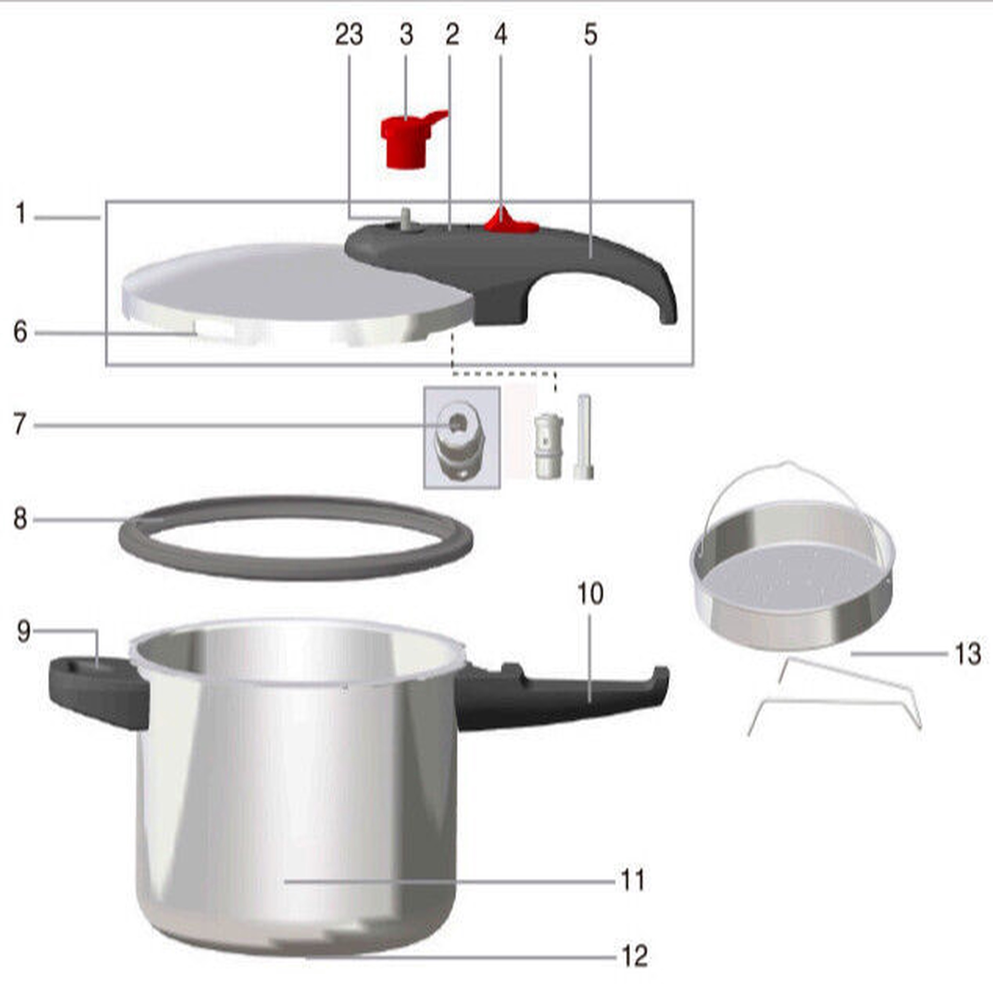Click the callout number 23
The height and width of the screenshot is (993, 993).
click(349, 35)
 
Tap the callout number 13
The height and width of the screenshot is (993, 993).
click(968, 654)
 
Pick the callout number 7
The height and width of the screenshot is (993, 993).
click(20, 425)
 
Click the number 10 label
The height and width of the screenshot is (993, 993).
click(590, 594)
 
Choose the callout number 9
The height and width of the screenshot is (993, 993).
click(24, 631)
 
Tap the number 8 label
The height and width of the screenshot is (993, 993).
click(20, 519)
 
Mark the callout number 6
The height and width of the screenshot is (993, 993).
click(20, 332)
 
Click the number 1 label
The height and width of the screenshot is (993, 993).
click(20, 213)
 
